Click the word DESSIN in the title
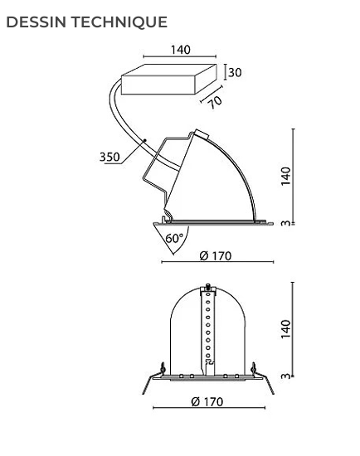36,22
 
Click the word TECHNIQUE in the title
119,22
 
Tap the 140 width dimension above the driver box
181,50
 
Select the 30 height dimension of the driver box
235,72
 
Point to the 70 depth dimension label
216,102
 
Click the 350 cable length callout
109,157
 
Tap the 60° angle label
175,238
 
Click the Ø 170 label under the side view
216,256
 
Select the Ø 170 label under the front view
207,401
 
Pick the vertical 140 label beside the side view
286,177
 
